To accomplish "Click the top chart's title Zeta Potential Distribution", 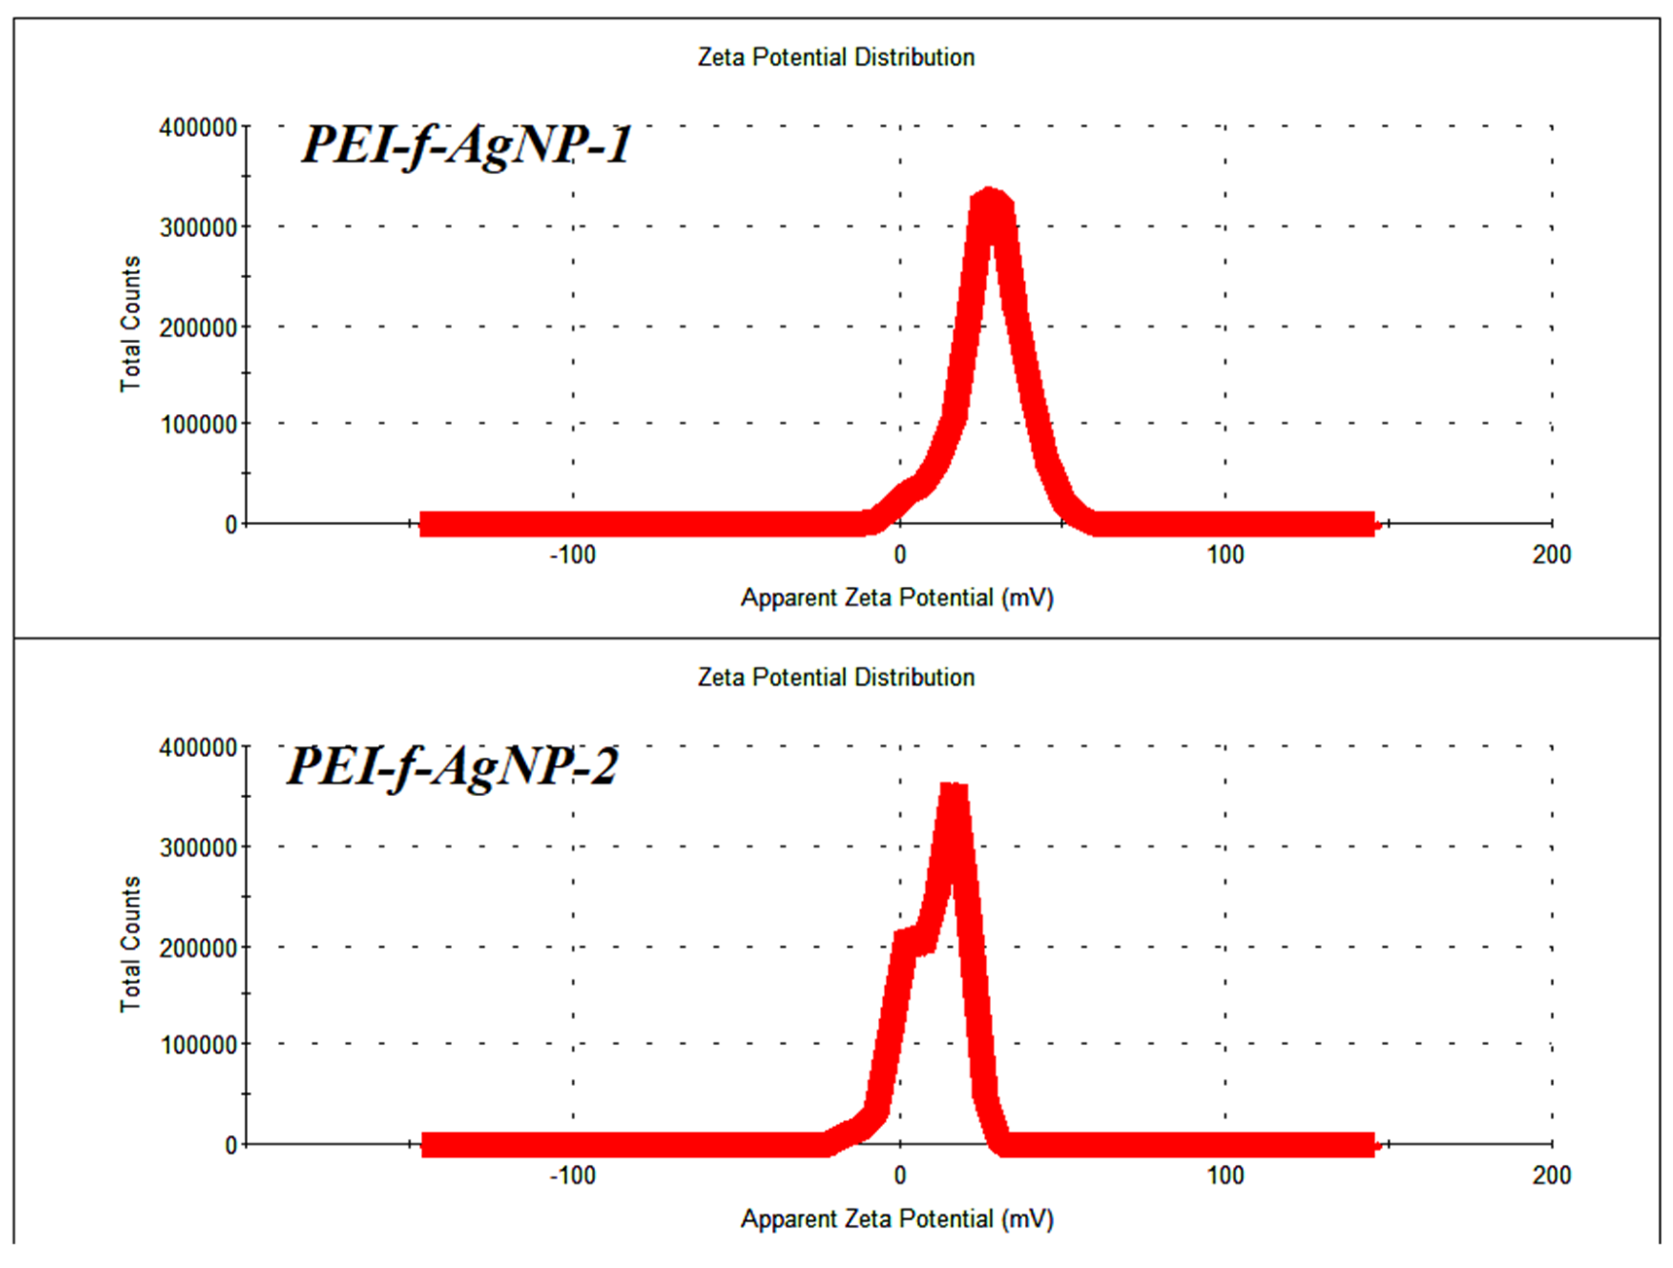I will coord(836,57).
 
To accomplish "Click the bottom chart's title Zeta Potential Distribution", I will coord(836,677).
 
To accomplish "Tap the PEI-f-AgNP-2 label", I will coord(452,766).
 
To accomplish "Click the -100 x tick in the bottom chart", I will coord(572,1176).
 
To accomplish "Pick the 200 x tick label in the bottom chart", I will coord(1551,1176).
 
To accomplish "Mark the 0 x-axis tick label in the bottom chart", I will coord(899,1176).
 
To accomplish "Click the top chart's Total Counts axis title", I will coord(130,324).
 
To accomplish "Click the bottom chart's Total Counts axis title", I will coord(130,944).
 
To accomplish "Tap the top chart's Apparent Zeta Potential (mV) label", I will coord(897,598).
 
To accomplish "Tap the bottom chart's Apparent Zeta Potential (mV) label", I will coord(897,1219).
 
